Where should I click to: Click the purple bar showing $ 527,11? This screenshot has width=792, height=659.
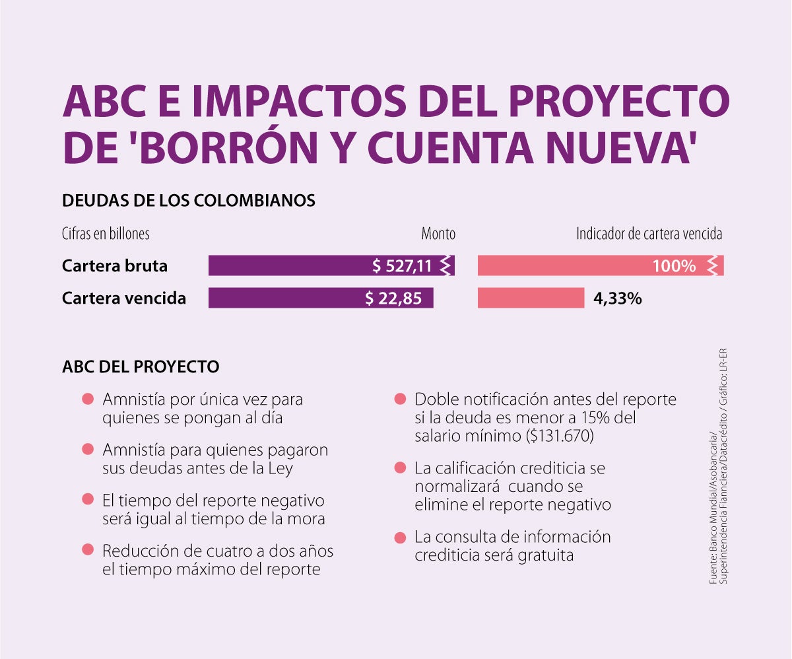[330, 265]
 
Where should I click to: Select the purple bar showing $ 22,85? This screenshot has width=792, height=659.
[320, 298]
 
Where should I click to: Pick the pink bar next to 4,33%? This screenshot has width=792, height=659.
[531, 298]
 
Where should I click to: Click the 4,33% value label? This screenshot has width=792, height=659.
[618, 298]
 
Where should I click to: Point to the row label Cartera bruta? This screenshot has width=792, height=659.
[115, 265]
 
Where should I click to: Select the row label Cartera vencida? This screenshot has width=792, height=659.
[124, 298]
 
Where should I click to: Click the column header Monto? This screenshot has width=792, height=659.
[438, 234]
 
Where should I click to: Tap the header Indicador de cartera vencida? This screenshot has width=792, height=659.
[649, 234]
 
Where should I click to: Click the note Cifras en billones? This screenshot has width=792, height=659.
[106, 234]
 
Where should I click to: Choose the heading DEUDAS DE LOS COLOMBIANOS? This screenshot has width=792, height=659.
[189, 200]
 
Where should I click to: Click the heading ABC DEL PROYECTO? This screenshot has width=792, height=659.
[141, 366]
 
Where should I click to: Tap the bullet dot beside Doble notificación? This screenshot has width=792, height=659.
[399, 399]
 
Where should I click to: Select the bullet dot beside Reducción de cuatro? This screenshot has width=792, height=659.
[87, 550]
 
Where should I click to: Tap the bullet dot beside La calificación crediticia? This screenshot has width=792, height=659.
[399, 468]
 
